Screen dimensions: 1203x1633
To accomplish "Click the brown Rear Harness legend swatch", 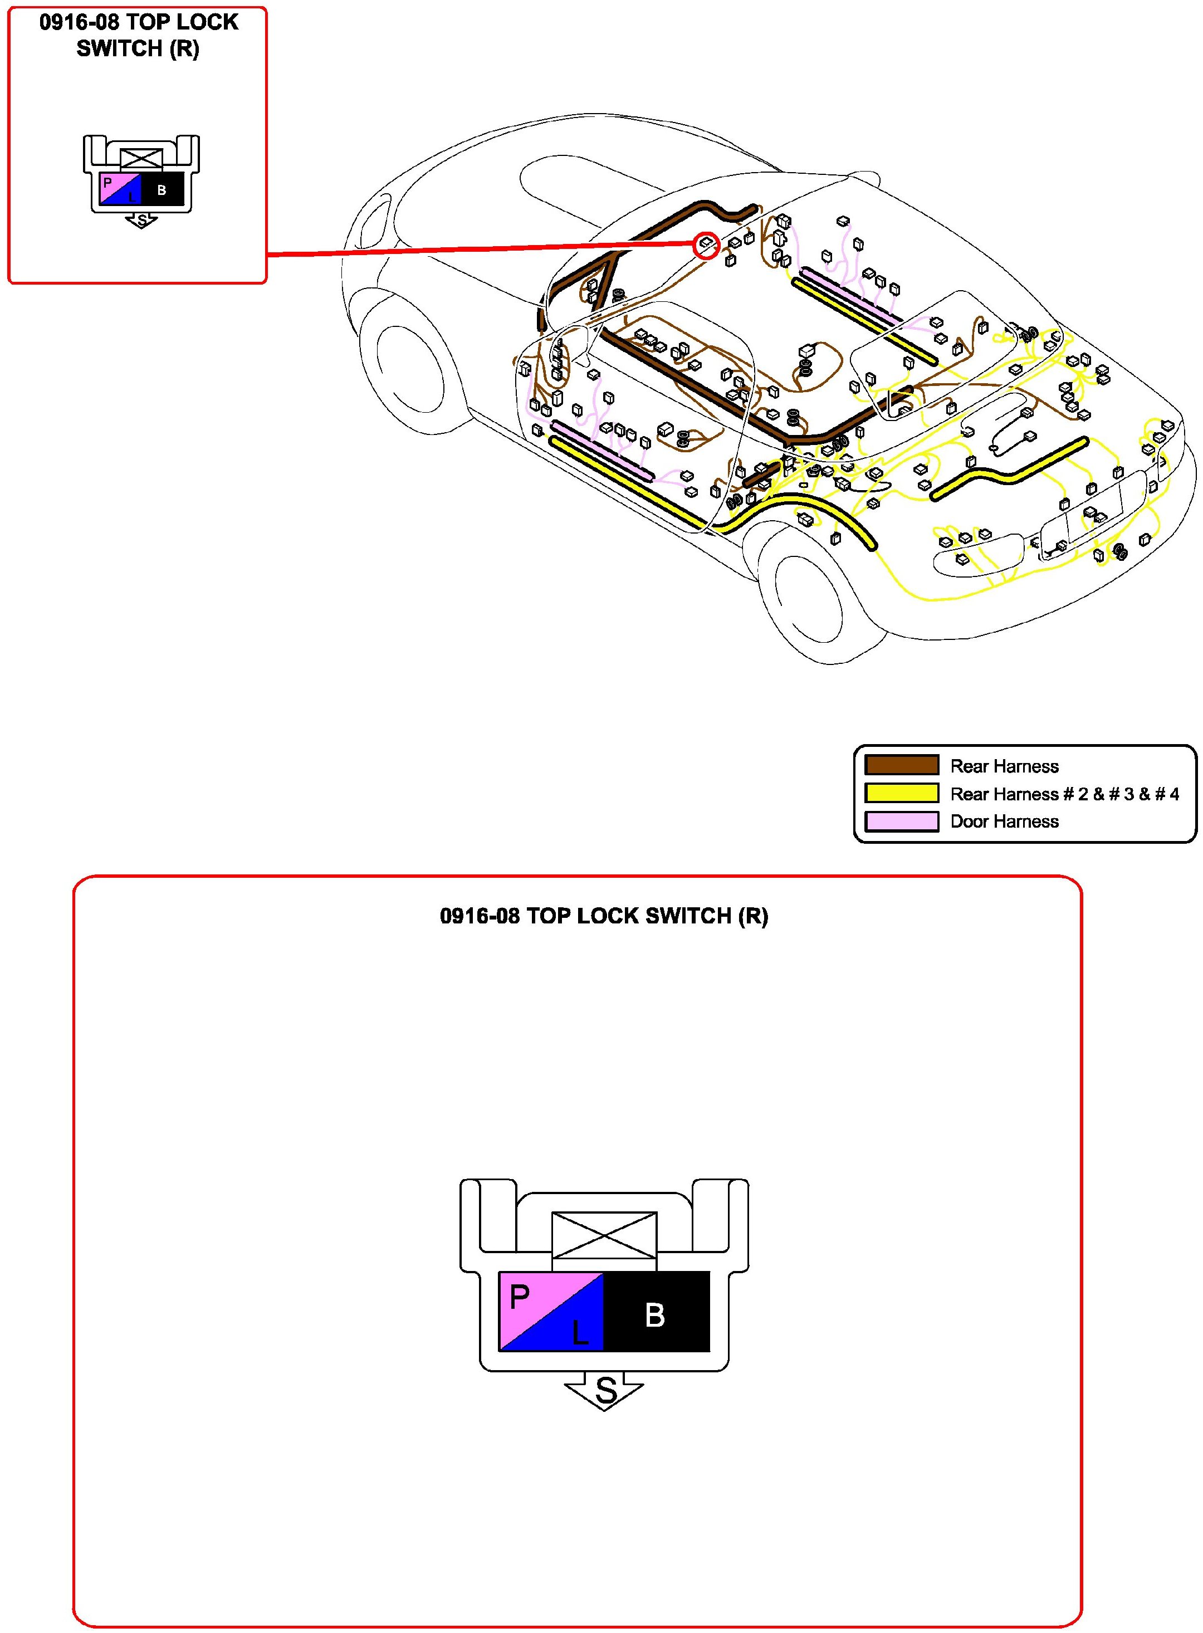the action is pyautogui.click(x=902, y=765).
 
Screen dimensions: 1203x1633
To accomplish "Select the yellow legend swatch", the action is pyautogui.click(x=902, y=793).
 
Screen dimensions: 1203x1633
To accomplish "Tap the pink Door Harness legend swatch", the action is pyautogui.click(x=902, y=820).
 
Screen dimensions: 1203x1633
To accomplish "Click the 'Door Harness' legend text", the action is pyautogui.click(x=1004, y=821).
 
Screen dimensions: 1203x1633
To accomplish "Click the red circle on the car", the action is pyautogui.click(x=706, y=246).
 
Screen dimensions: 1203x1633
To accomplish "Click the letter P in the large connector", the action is pyautogui.click(x=519, y=1296).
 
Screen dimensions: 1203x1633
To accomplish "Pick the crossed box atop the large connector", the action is pyautogui.click(x=604, y=1235).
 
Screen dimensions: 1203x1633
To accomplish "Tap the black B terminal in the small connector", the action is pyautogui.click(x=162, y=190).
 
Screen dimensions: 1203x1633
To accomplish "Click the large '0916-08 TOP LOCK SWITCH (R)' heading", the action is pyautogui.click(x=604, y=915).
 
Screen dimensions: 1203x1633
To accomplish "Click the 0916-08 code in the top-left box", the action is pyautogui.click(x=79, y=23).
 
